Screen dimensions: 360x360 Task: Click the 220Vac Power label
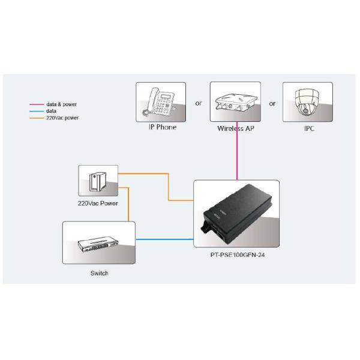[x=98, y=203]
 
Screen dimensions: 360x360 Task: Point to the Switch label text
[x=99, y=273]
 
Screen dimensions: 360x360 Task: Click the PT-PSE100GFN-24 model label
[x=236, y=254]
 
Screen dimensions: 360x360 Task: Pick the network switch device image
[x=98, y=243]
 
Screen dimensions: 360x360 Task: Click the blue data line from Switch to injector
[x=164, y=239]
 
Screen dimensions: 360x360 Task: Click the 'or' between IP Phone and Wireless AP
[x=199, y=103]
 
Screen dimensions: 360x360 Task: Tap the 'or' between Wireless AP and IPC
[x=272, y=103]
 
